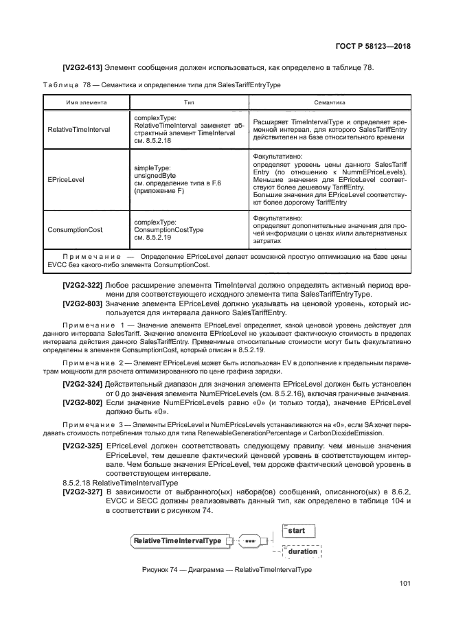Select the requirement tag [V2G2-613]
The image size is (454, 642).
coord(82,67)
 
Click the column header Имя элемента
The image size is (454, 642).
coord(87,102)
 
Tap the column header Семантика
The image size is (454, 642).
coord(329,102)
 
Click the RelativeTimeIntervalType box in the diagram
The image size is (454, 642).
coord(178,541)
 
